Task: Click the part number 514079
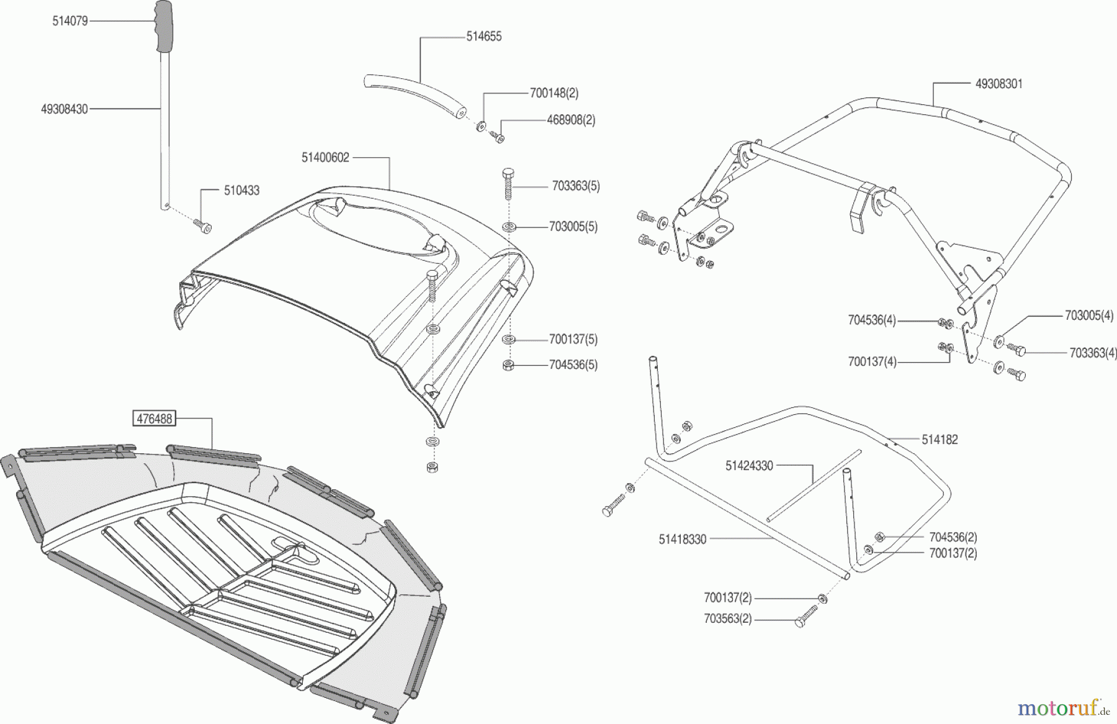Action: tap(70, 21)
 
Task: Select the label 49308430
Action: tap(65, 109)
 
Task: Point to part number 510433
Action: tap(241, 191)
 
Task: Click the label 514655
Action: tap(484, 37)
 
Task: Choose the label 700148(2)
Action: tap(554, 93)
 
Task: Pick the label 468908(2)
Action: tap(571, 120)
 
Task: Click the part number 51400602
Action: tap(326, 158)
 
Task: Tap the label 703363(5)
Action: tap(576, 186)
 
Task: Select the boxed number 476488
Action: tap(154, 419)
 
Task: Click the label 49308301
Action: tap(999, 83)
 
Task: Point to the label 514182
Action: tap(940, 440)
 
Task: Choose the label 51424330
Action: tap(749, 466)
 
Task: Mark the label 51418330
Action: tap(683, 540)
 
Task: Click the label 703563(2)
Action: tap(728, 619)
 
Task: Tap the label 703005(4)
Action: tap(1089, 315)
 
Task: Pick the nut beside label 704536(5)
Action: tap(508, 365)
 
